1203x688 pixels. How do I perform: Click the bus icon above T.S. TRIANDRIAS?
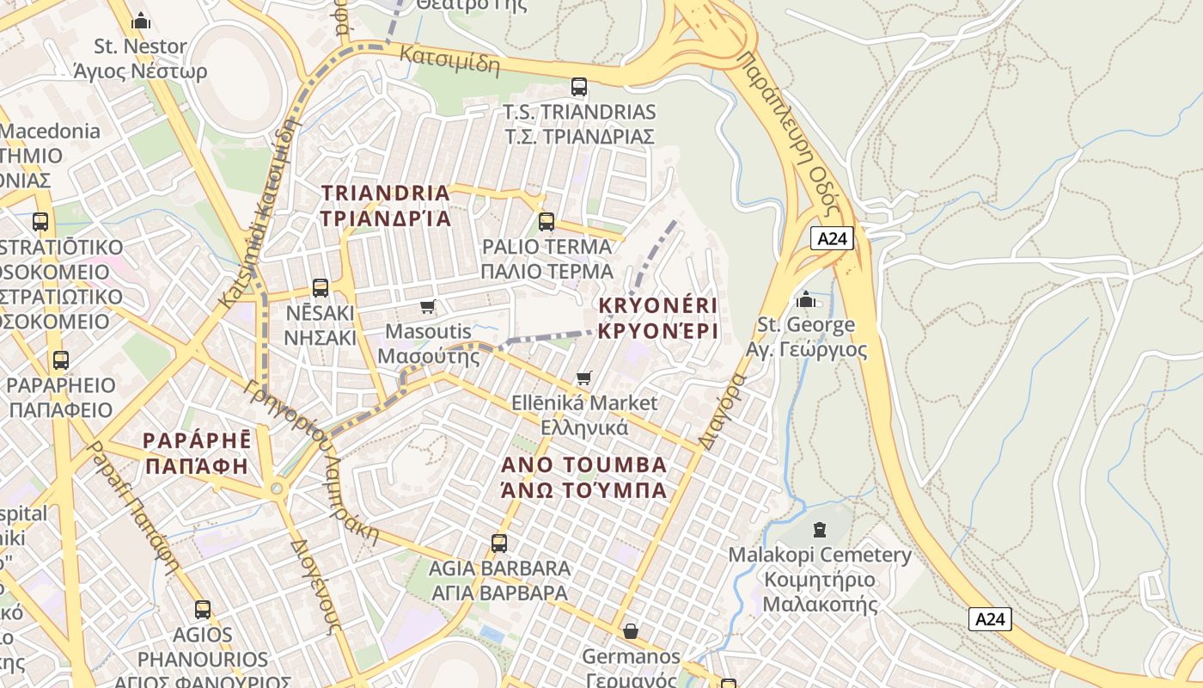click(579, 87)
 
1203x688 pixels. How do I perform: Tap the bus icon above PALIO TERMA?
click(547, 222)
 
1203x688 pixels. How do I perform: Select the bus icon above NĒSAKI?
click(321, 288)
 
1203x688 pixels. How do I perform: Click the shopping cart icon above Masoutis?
click(428, 307)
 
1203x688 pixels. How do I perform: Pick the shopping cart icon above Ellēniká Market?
click(584, 378)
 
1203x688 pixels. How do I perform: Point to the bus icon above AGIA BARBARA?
click(499, 544)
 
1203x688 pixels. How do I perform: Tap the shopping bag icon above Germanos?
click(631, 632)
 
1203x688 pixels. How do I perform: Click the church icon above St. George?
click(806, 299)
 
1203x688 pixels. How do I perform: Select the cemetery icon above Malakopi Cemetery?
click(819, 529)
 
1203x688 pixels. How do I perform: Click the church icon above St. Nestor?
click(141, 21)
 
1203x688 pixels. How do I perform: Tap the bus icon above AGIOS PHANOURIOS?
click(203, 610)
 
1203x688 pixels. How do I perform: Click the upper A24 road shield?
click(832, 238)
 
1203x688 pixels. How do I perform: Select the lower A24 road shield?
click(990, 619)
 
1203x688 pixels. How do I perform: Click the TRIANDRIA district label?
click(386, 206)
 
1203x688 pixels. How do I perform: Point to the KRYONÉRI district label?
click(657, 318)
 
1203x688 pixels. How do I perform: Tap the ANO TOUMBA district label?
click(584, 477)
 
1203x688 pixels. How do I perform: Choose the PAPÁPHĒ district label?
click(197, 453)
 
